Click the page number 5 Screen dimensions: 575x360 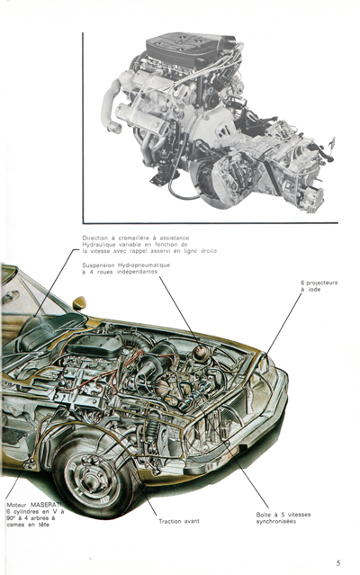pos(337,562)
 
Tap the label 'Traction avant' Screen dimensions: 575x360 pos(180,521)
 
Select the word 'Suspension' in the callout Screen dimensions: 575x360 pos(101,265)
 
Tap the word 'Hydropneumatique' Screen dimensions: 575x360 pos(145,265)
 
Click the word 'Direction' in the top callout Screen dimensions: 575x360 pos(97,238)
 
